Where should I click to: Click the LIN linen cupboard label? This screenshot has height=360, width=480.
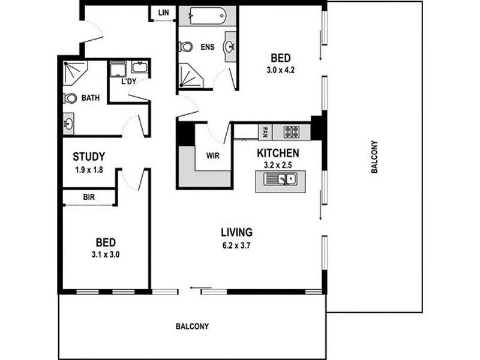coord(163,13)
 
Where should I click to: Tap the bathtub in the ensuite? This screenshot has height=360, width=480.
coord(208,16)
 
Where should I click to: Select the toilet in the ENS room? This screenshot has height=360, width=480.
coord(185,47)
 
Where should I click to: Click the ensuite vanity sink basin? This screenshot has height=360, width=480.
coord(230,47)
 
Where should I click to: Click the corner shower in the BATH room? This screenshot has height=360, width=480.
coord(74,73)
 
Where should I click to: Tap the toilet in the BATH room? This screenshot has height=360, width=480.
coord(70,98)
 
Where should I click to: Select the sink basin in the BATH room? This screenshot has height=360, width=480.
coord(68,124)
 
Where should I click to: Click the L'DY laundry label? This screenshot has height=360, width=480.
coord(129,82)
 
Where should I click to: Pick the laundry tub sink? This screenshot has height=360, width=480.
coord(140,67)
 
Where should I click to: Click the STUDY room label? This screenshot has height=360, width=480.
coord(89,157)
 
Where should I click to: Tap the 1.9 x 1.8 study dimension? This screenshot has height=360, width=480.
coord(89,170)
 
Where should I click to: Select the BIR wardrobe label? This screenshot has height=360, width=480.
coord(89,197)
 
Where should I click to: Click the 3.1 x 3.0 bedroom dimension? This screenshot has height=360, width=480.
coord(106,254)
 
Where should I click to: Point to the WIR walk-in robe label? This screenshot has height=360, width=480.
coord(213,156)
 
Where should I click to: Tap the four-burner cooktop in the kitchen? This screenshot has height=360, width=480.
coord(291,132)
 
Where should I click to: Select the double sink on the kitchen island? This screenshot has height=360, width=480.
coord(280,179)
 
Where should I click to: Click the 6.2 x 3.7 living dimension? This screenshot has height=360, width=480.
coord(236,245)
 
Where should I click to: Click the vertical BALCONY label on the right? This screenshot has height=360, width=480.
coord(374,157)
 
